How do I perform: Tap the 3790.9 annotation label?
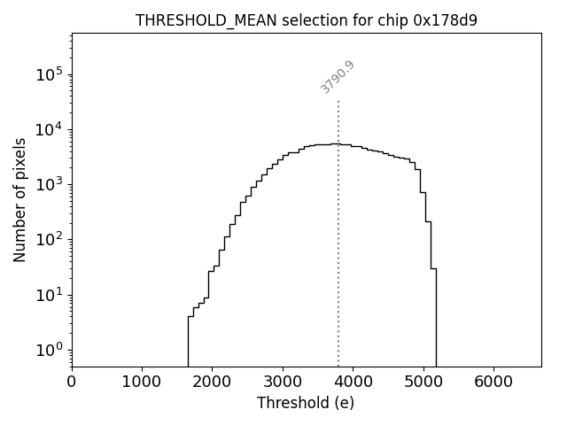337,77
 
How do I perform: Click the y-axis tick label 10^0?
50,350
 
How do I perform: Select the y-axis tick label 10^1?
50,295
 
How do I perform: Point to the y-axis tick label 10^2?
50,240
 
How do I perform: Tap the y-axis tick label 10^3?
50,185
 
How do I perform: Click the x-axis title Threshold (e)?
306,403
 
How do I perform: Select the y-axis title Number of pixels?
19,200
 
